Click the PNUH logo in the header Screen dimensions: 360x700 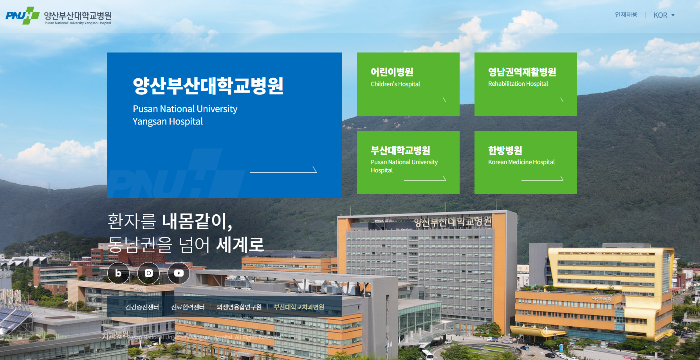point(59,16)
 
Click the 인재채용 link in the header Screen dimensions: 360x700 point(626,15)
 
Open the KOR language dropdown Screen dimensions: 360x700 point(664,15)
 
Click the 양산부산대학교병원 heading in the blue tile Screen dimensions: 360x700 point(208,86)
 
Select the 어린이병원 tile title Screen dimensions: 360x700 point(392,72)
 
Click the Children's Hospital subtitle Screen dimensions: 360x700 point(395,84)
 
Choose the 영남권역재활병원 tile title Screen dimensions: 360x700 point(522,72)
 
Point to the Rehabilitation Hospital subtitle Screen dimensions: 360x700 point(518,84)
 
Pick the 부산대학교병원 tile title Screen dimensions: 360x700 point(400,150)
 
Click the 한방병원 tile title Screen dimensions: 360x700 point(505,150)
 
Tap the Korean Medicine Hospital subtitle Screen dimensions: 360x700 point(521,162)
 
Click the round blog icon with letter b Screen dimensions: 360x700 point(118,273)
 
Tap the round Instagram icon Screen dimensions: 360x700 point(148,273)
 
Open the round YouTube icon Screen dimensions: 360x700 point(179,273)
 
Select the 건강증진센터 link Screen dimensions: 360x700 point(142,307)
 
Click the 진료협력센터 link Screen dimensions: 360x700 point(188,307)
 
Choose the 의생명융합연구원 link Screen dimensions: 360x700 point(239,307)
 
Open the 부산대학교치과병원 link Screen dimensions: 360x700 point(299,307)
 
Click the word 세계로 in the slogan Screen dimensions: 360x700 point(240,245)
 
